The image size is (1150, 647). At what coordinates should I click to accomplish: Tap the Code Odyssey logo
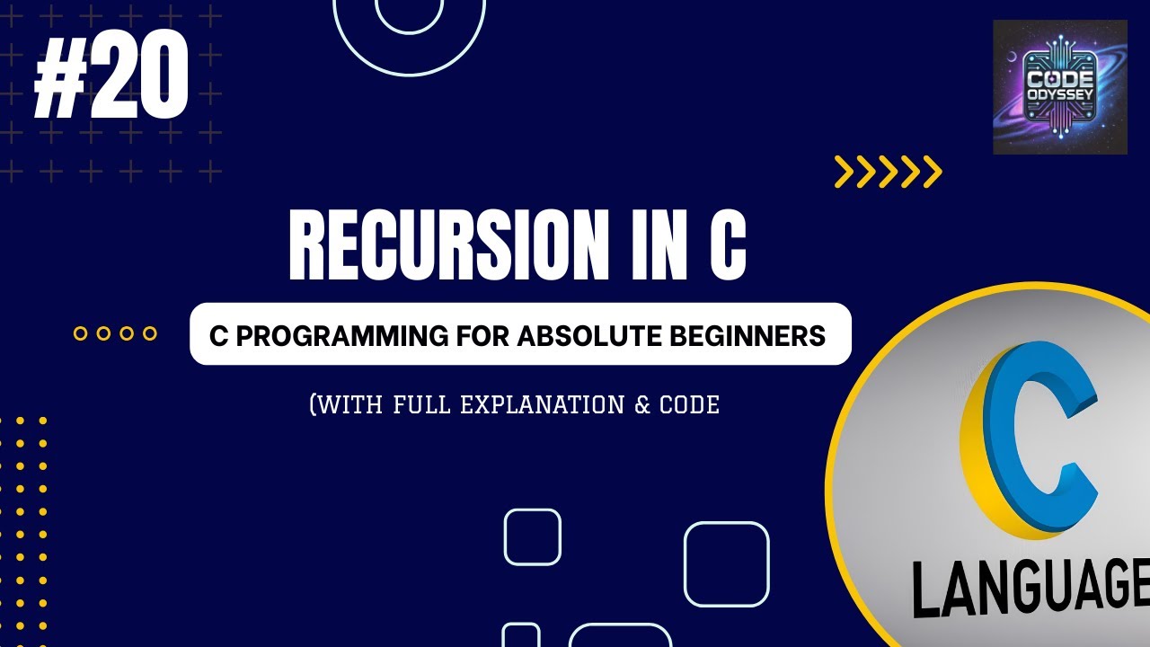click(x=1059, y=87)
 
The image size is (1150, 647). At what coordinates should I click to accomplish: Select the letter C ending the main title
click(x=727, y=245)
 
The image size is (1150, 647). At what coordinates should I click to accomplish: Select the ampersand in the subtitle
click(x=641, y=405)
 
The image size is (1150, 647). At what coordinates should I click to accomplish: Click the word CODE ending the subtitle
click(x=690, y=405)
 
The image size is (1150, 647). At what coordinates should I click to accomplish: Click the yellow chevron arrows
click(x=888, y=172)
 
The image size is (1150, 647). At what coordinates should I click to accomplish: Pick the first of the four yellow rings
click(x=80, y=333)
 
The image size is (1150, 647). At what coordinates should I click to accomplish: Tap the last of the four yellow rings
click(x=150, y=333)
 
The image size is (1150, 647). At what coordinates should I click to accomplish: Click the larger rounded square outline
click(x=727, y=564)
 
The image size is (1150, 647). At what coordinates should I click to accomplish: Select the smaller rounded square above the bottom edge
click(x=533, y=536)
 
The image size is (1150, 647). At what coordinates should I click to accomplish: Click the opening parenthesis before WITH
click(x=314, y=405)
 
